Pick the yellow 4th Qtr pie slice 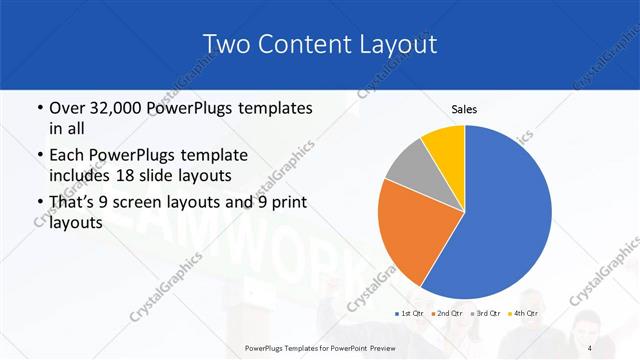point(444,145)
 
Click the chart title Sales point(464,108)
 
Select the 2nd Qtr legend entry point(448,314)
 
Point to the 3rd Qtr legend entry point(487,314)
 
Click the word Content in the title point(304,45)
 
